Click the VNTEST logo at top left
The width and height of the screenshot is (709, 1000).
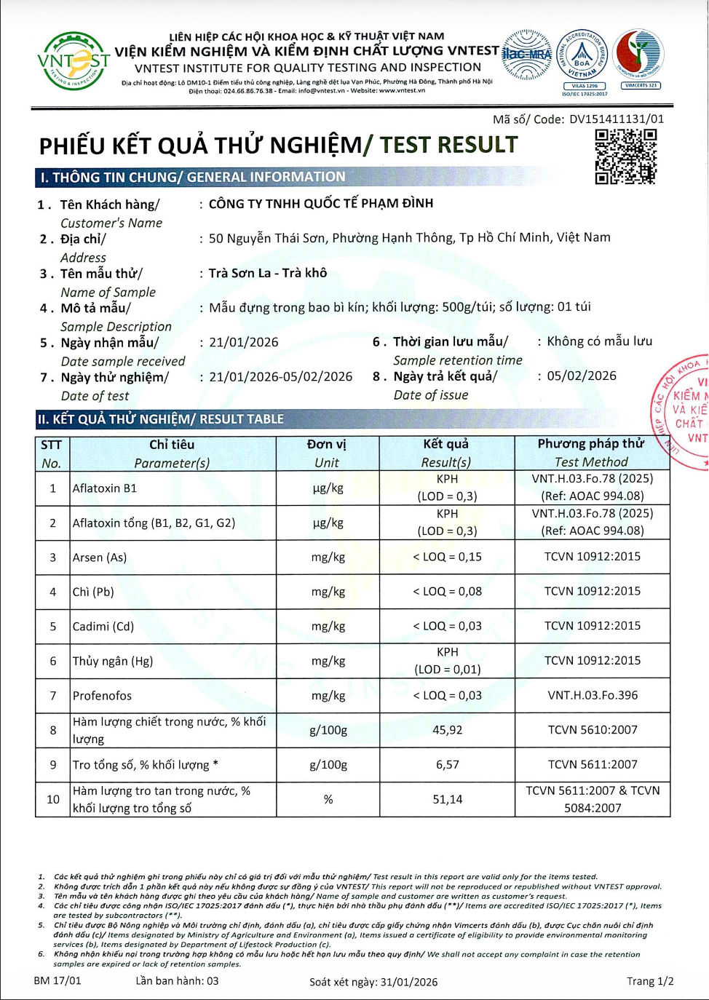point(73,61)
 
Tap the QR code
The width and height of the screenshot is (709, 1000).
point(625,156)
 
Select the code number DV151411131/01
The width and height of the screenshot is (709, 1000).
point(616,119)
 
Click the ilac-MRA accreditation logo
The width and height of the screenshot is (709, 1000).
point(527,55)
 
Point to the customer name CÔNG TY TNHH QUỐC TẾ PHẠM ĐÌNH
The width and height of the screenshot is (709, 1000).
point(321,204)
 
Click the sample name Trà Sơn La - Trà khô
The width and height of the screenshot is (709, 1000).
point(268,273)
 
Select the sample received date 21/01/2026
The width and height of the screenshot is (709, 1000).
point(244,342)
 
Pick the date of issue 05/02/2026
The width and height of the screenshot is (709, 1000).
point(582,376)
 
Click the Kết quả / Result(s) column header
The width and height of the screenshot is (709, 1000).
point(446,453)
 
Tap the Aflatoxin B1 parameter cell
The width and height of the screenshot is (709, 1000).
point(105,488)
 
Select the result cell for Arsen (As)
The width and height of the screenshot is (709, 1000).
point(447,557)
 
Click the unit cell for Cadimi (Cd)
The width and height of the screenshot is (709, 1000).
point(328,627)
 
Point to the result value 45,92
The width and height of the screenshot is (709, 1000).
point(447,730)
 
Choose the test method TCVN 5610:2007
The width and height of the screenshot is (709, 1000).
point(593,730)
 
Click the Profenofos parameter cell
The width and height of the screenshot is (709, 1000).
point(103,696)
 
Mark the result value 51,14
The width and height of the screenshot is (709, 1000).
point(447,799)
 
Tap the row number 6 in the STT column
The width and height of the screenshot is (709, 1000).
point(53,661)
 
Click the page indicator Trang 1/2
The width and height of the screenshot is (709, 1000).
point(650,981)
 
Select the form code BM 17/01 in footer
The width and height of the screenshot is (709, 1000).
point(58,981)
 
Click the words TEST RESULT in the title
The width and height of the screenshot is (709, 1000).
point(448,145)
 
